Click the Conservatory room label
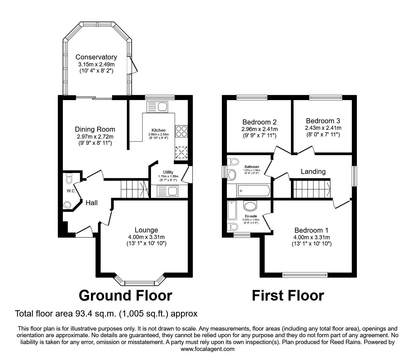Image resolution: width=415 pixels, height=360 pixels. coord(96,57)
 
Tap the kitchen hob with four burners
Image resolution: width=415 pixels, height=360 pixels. coord(181,131)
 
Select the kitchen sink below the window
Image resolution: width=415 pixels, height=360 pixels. coord(157,107)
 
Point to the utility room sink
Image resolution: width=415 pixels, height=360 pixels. coord(167,191)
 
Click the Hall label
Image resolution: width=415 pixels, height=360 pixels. coord(92,203)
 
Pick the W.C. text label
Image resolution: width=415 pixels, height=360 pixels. coord(71,191)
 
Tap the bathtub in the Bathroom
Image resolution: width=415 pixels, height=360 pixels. coord(253,190)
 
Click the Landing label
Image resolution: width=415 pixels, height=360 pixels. coord(313,171)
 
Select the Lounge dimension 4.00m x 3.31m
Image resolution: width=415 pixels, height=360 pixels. coord(146,237)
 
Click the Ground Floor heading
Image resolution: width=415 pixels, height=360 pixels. coord(126,296)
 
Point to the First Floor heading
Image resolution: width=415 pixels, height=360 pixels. coord(288,296)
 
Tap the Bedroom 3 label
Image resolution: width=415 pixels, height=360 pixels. coord(323,121)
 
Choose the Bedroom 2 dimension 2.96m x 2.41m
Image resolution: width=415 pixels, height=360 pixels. coord(259,129)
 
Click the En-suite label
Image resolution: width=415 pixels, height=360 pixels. coord(251,216)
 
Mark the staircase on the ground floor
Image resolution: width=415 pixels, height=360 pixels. coord(135,189)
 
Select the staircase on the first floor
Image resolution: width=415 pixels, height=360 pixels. coord(312,189)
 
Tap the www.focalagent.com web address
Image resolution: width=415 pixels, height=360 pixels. coord(207,349)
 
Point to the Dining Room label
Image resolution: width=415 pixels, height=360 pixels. coord(95,129)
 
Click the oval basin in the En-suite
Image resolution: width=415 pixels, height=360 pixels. coord(250,205)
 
